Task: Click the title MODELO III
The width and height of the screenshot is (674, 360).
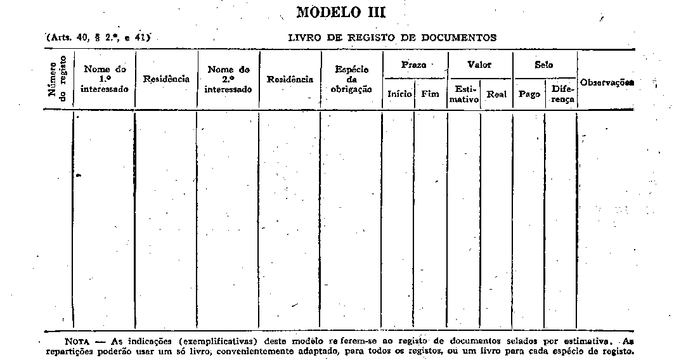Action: tap(341, 11)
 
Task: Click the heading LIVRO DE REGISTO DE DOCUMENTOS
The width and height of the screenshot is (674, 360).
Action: tap(392, 38)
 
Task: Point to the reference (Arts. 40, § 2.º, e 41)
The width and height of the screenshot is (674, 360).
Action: tap(98, 37)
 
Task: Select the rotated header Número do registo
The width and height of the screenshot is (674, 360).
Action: tap(57, 79)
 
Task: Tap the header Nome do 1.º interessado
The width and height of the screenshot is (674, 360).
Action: tap(105, 79)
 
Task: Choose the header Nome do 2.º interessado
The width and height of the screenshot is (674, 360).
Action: tap(228, 79)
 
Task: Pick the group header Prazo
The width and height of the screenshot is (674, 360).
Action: tap(414, 65)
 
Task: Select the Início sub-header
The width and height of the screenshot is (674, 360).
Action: tap(399, 94)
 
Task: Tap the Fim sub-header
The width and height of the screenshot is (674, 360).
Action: tap(430, 94)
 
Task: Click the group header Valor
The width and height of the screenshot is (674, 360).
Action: tap(479, 65)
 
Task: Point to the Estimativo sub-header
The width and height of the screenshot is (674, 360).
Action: tap(465, 94)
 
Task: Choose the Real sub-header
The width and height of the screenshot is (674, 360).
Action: tap(496, 94)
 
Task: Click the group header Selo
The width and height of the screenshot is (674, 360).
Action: tap(544, 65)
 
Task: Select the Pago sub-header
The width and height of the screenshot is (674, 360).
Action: tap(529, 94)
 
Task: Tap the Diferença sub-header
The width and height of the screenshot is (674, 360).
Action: tap(562, 94)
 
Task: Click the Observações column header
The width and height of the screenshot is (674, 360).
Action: tap(607, 82)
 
